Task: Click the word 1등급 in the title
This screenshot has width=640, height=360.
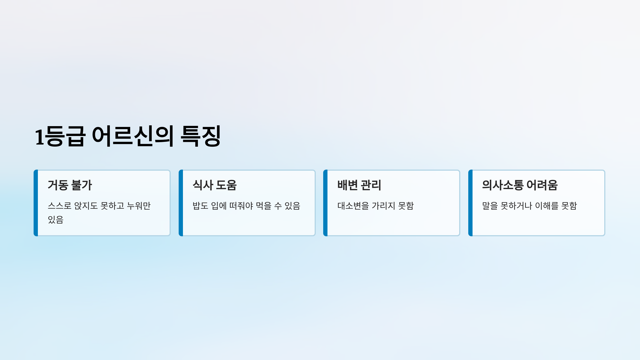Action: coord(60,136)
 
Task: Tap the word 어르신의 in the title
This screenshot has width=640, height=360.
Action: coord(133,136)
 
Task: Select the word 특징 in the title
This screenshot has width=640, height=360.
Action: coord(201,136)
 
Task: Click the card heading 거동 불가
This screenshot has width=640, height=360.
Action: coord(70,185)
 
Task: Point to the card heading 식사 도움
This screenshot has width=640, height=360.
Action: coord(215,185)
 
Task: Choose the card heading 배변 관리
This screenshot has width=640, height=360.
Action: coord(359,185)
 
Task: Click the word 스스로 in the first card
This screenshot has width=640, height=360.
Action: coord(59,206)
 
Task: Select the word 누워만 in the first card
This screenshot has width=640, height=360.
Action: coord(139,206)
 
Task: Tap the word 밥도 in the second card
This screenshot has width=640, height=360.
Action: coord(200,206)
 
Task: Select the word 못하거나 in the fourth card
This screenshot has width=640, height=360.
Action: coord(516,206)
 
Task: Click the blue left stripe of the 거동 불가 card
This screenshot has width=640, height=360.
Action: coord(36,203)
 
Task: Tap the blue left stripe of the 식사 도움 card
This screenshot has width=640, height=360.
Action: coord(181,203)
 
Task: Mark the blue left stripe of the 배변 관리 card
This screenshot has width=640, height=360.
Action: coord(325,203)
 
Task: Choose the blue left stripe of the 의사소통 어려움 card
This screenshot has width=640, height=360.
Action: coord(470,203)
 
